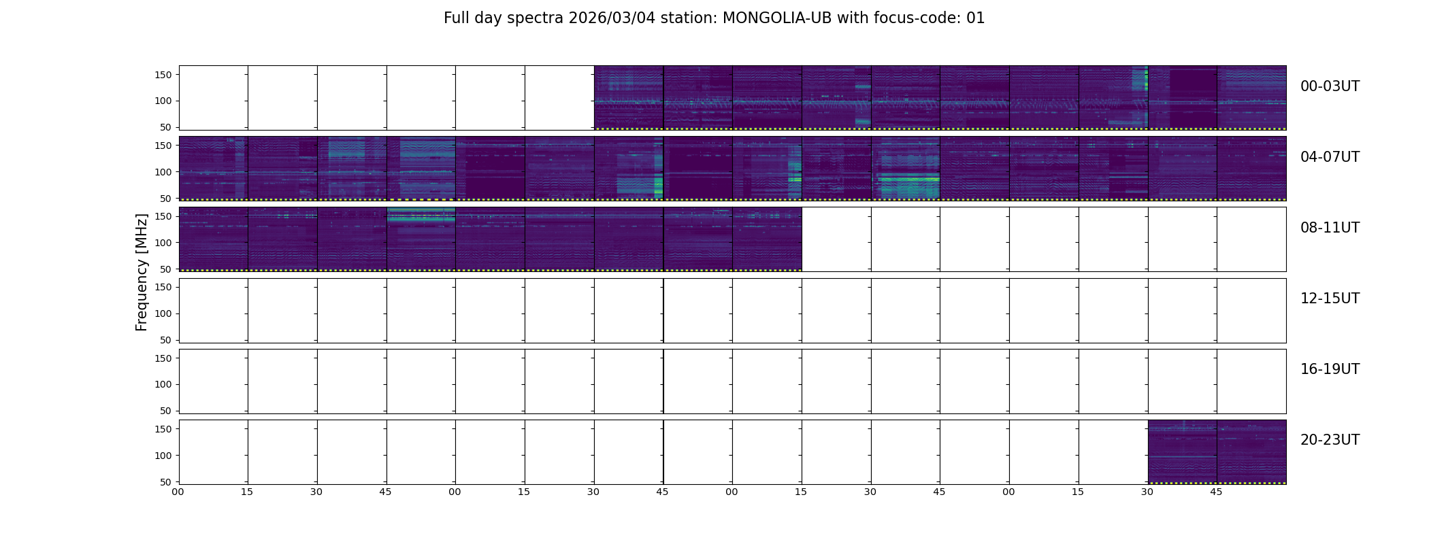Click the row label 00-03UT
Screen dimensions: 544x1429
pyautogui.click(x=1330, y=86)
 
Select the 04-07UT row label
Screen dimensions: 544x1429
pyautogui.click(x=1330, y=157)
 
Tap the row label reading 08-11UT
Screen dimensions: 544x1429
pyautogui.click(x=1330, y=228)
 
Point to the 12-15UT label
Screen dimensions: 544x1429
pyautogui.click(x=1330, y=299)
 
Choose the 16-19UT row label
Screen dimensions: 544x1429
pyautogui.click(x=1330, y=369)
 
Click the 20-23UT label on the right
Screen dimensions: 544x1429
pyautogui.click(x=1330, y=440)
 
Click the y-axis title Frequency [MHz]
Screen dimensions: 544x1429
pyautogui.click(x=142, y=272)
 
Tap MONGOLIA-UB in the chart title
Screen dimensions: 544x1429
pyautogui.click(x=777, y=18)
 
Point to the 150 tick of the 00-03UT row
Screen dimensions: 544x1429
pyautogui.click(x=163, y=75)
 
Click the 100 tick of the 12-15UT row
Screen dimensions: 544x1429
pyautogui.click(x=163, y=313)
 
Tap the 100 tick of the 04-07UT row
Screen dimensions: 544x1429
pyautogui.click(x=163, y=172)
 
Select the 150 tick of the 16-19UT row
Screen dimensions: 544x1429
pyautogui.click(x=163, y=358)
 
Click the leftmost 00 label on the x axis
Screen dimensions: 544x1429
pyautogui.click(x=178, y=492)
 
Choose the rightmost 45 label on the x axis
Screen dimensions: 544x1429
pyautogui.click(x=1216, y=492)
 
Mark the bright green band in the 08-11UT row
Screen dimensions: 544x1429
pyautogui.click(x=421, y=216)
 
